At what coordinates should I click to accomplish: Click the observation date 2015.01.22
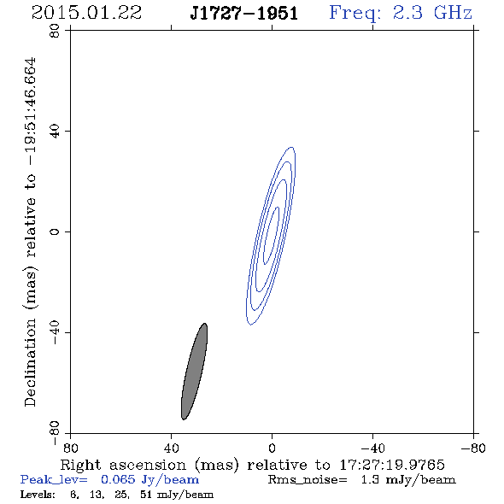pyautogui.click(x=86, y=13)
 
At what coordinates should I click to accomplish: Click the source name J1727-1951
pyautogui.click(x=244, y=14)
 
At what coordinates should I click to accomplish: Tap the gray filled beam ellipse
pyautogui.click(x=194, y=372)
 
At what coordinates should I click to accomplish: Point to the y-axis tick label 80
pyautogui.click(x=55, y=31)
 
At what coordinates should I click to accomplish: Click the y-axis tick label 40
pyautogui.click(x=55, y=132)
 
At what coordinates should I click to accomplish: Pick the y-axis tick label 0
pyautogui.click(x=55, y=231)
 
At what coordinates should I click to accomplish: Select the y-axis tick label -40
pyautogui.click(x=55, y=332)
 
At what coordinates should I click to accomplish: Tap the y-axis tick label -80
pyautogui.click(x=55, y=433)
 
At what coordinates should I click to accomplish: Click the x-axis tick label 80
pyautogui.click(x=70, y=448)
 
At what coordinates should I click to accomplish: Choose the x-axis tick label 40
pyautogui.click(x=171, y=448)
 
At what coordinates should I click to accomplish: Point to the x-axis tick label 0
pyautogui.click(x=272, y=448)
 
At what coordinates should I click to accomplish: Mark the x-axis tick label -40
pyautogui.click(x=372, y=448)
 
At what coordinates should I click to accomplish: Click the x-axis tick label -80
pyautogui.click(x=473, y=448)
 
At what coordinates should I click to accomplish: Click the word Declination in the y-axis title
pyautogui.click(x=30, y=362)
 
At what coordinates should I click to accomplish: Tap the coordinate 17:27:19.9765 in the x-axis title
pyautogui.click(x=392, y=465)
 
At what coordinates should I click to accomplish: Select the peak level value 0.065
pyautogui.click(x=118, y=479)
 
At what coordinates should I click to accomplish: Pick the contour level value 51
pyautogui.click(x=145, y=495)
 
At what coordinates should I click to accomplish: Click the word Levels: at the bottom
pyautogui.click(x=38, y=495)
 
